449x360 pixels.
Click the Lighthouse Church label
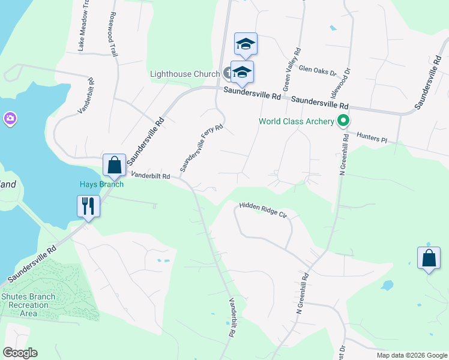tap(184, 74)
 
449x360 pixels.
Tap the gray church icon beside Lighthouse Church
tap(227, 74)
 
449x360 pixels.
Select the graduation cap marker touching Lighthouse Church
tap(242, 72)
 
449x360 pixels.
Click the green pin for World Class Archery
tap(343, 121)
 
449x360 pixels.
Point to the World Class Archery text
tap(296, 122)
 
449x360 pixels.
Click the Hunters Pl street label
tap(372, 137)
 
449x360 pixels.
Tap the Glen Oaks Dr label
tap(318, 71)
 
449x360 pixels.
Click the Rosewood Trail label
tap(112, 35)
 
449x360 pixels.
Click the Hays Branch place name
tap(101, 184)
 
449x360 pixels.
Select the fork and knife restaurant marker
tap(88, 206)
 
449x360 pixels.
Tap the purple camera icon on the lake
tap(10, 118)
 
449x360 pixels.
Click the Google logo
tap(20, 353)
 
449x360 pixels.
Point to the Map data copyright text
tap(411, 355)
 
